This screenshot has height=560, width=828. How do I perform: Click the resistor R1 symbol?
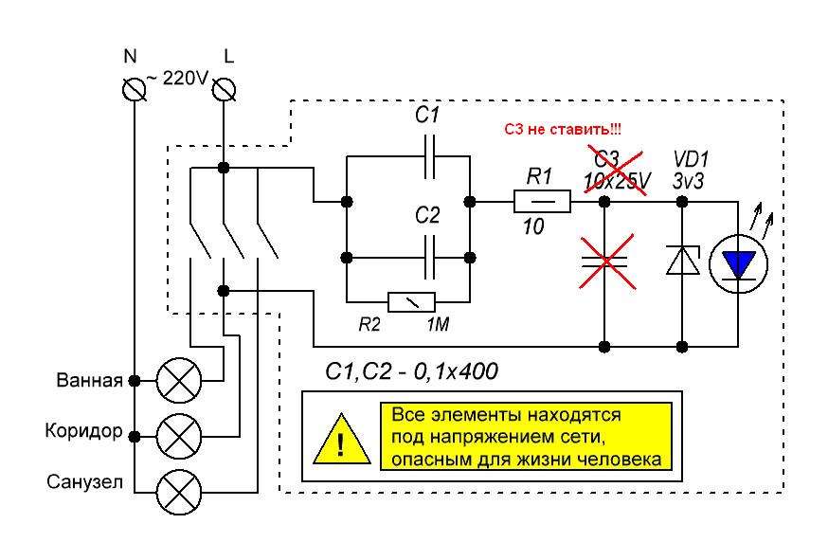coord(542,202)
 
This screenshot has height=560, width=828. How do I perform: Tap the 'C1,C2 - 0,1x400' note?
coord(410,372)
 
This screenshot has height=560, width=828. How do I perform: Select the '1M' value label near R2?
coord(437,325)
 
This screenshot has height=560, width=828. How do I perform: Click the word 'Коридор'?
coord(83,432)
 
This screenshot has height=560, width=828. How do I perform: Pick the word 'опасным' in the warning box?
coord(420,461)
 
